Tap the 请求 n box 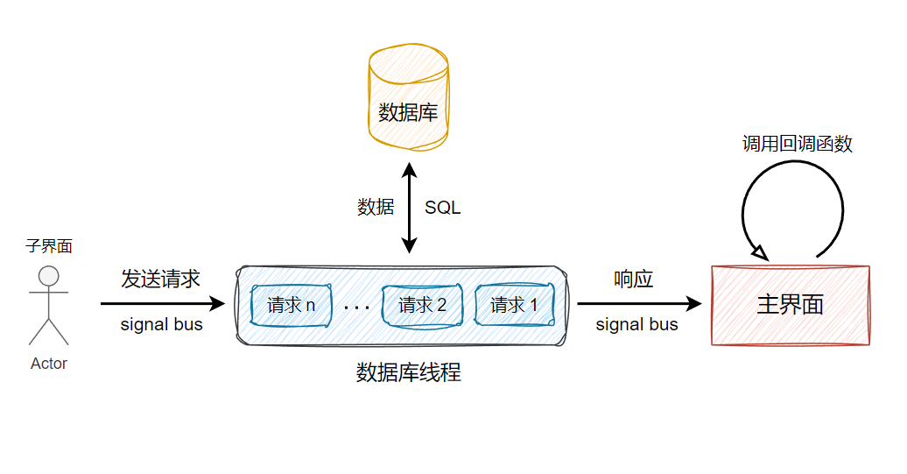coord(291,305)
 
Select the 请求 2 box coord(422,305)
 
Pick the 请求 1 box coord(514,305)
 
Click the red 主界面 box coord(791,305)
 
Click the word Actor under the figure coord(49,364)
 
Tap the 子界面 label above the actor coord(49,247)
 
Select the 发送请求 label coord(161,279)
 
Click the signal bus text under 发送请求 coord(161,325)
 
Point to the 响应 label coord(634,279)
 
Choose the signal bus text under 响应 coord(636,325)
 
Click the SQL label coord(442,208)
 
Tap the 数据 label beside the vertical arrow coord(376,208)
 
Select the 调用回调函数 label coord(797,144)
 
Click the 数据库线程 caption coord(408,373)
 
